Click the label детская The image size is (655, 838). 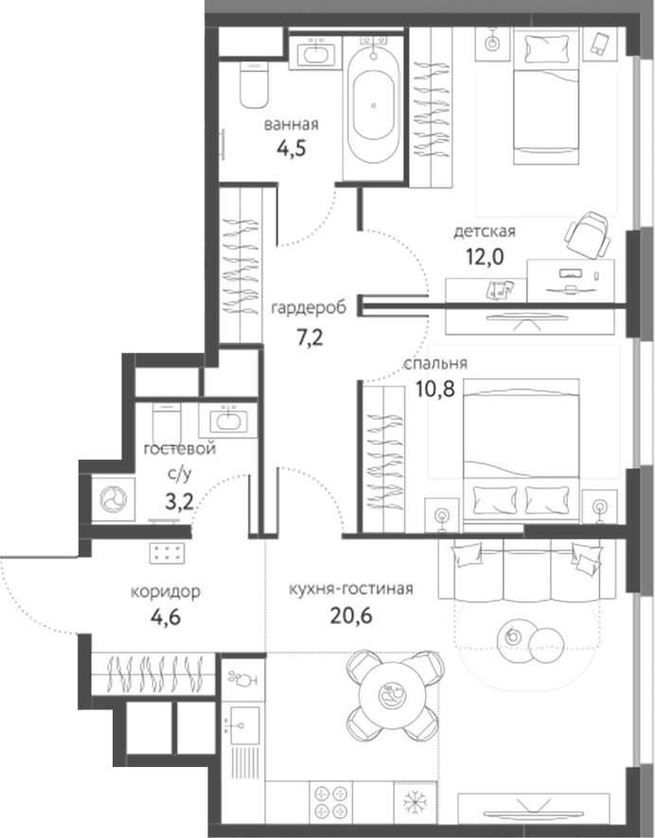pos(484,231)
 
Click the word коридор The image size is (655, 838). pos(166,593)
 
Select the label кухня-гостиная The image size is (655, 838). pos(350,588)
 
